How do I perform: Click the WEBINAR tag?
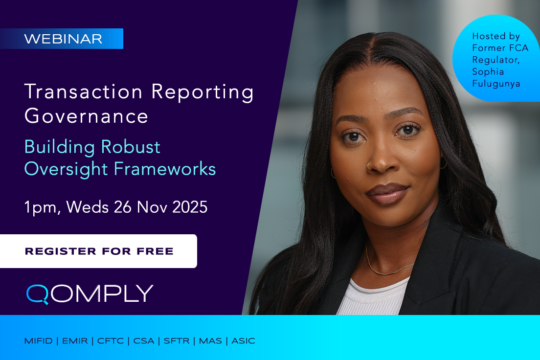pos(63,39)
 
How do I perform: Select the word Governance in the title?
pos(86,116)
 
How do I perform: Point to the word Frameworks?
pos(165,169)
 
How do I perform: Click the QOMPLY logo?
pos(90,293)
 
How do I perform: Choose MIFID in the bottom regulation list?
pos(38,341)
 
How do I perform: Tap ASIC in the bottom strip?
pos(243,341)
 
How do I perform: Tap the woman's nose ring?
pos(369,166)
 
